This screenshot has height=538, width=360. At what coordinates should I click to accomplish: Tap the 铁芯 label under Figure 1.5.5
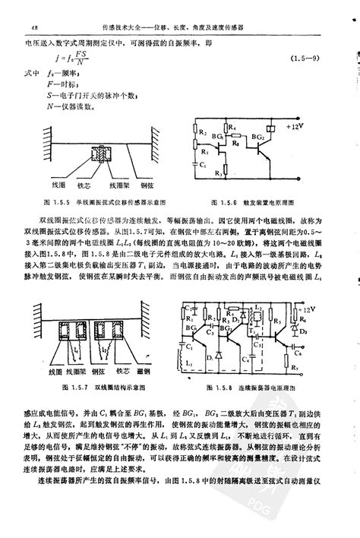coord(84,185)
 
